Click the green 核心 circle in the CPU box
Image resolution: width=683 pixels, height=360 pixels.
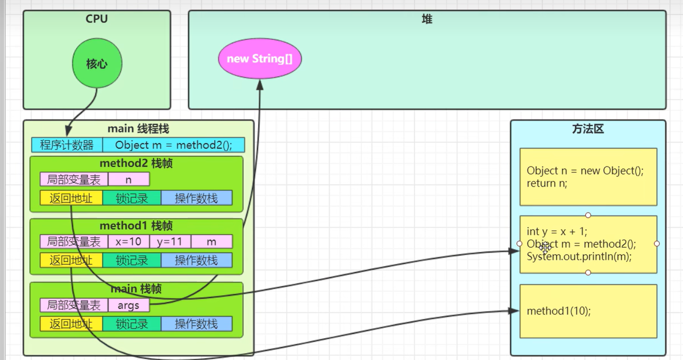point(97,63)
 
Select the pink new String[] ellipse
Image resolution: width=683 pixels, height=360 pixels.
point(260,59)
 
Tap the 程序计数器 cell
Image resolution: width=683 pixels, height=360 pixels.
point(67,145)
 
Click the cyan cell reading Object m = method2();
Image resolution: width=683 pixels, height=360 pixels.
point(173,145)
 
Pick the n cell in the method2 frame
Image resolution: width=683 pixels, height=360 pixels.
point(128,179)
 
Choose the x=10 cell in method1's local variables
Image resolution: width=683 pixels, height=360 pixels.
point(128,241)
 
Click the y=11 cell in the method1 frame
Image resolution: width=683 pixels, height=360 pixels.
point(170,241)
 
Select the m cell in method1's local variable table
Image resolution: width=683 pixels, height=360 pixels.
point(211,241)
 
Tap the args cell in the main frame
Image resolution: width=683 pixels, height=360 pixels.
point(128,305)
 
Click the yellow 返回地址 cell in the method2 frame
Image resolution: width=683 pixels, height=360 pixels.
point(71,198)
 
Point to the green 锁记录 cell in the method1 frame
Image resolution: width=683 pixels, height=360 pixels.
point(131,261)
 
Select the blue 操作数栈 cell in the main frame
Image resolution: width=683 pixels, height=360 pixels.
point(196,324)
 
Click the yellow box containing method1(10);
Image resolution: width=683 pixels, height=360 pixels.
point(588,311)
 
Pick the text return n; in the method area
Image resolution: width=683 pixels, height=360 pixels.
point(547,183)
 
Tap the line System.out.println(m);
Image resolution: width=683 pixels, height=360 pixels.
point(579,256)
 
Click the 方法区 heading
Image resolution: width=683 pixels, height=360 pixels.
point(588,129)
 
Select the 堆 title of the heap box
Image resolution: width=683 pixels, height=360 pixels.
point(427,19)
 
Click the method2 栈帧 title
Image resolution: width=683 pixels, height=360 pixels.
point(136,163)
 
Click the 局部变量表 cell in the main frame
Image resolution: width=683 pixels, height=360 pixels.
point(74,305)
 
